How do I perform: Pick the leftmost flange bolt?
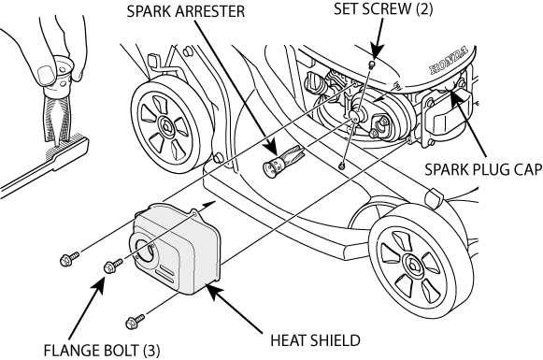tap(69, 256)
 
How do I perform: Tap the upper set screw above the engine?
tap(371, 65)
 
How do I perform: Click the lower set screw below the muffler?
tap(343, 166)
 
